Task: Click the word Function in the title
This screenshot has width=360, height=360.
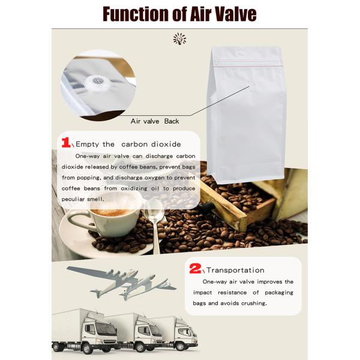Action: tap(133, 13)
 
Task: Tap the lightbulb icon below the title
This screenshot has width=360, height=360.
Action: tap(179, 39)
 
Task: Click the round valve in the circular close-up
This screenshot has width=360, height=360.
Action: tap(97, 83)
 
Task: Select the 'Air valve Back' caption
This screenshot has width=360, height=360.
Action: tap(155, 121)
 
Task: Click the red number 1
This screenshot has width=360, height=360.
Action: tap(67, 143)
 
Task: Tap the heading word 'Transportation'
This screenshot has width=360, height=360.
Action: tap(235, 270)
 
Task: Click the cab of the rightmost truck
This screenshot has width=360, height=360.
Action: tap(185, 332)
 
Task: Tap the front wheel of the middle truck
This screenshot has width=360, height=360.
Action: tap(142, 346)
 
